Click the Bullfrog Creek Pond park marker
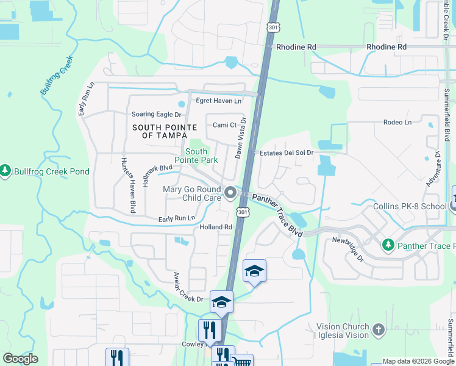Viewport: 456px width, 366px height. pos(5,171)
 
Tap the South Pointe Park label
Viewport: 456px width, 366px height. pos(196,156)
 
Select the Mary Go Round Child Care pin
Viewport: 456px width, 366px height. pos(230,193)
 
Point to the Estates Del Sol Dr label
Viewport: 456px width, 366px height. pos(286,152)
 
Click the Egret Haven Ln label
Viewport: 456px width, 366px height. pos(218,101)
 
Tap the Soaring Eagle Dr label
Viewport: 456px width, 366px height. pos(157,114)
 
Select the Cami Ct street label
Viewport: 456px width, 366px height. pos(224,125)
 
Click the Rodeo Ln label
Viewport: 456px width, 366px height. pos(397,122)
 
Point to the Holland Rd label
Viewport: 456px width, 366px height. pos(216,227)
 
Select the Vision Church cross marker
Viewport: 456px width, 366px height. pos(379,330)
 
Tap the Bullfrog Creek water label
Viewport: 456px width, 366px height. pos(56,76)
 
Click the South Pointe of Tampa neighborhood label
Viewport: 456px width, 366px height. pos(165,131)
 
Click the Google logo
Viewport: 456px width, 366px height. pos(20,359)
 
